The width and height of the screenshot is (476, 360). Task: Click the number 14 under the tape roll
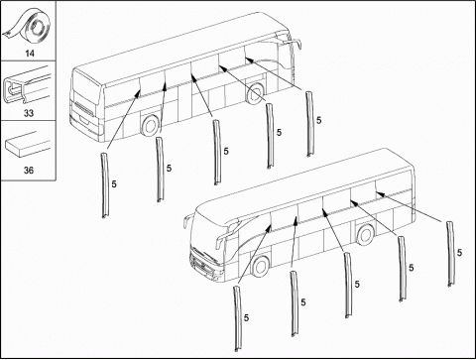(30, 53)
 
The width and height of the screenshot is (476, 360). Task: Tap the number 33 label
(29, 113)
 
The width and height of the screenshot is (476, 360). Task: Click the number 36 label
(29, 171)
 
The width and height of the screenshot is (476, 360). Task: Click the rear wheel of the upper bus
(151, 126)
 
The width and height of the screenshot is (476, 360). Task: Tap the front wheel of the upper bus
(256, 93)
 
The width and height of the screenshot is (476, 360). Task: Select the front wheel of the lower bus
(261, 266)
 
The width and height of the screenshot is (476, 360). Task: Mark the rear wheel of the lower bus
(366, 234)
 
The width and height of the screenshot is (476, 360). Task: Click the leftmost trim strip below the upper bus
(105, 185)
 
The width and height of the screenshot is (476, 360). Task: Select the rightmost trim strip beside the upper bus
(309, 124)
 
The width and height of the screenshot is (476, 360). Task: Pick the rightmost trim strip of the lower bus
(451, 254)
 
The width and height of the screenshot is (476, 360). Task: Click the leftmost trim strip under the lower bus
(238, 318)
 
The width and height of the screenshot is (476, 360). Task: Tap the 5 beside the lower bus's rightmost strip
(459, 253)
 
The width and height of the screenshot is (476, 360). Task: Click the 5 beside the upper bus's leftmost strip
(114, 184)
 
